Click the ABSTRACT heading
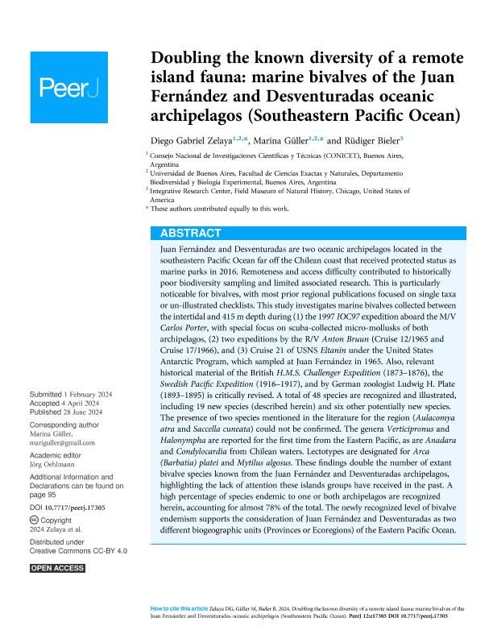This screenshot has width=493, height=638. tap(190, 233)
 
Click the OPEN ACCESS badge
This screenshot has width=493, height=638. tap(57, 569)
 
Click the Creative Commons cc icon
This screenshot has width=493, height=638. tap(35, 522)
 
